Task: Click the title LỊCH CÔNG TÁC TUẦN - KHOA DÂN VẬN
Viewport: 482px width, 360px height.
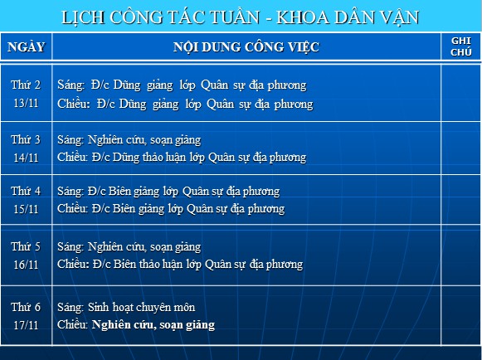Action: (240, 17)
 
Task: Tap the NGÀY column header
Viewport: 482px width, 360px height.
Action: (26, 46)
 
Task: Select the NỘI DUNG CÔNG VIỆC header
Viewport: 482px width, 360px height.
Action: (246, 47)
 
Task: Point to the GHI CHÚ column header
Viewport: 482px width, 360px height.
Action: (460, 46)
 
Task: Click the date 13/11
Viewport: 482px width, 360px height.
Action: (26, 103)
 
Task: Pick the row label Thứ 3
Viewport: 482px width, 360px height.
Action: (26, 139)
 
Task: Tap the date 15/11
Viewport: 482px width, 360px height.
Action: (26, 209)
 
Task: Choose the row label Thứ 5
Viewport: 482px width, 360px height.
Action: (26, 246)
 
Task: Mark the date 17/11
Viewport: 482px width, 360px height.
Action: (26, 325)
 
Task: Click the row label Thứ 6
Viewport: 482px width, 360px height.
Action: (26, 307)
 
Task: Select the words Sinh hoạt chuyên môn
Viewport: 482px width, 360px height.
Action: (141, 307)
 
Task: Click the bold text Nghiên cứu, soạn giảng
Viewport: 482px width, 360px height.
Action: (153, 325)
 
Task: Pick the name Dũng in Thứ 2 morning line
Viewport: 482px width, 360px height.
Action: (127, 85)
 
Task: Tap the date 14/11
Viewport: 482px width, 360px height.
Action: (26, 158)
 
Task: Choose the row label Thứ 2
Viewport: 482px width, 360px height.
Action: (26, 85)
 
